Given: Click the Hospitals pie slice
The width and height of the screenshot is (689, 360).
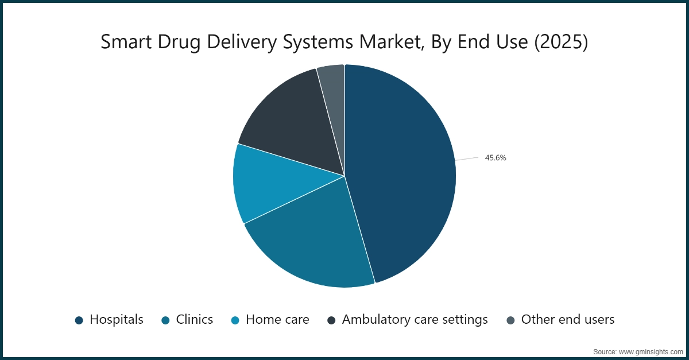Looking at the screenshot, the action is (x=402, y=172).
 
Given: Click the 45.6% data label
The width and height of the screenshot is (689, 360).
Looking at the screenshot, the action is (x=496, y=158).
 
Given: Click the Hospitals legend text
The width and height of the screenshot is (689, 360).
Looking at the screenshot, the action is (x=117, y=320).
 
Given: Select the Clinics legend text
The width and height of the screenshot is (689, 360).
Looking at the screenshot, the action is (x=195, y=320).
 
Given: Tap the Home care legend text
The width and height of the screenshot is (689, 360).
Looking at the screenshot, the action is (x=277, y=320).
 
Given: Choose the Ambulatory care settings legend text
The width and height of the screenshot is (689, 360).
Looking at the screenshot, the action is (x=415, y=320).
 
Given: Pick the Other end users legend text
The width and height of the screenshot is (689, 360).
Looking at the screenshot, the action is (x=568, y=320).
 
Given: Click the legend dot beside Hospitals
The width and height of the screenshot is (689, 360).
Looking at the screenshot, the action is (x=79, y=320).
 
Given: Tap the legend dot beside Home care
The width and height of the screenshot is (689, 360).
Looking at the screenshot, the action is (x=235, y=320).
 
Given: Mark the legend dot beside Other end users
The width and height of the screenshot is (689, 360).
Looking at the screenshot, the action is (x=511, y=320).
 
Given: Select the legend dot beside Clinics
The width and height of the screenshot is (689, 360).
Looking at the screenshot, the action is (x=166, y=320).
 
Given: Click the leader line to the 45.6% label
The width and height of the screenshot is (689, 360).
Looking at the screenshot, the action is (x=467, y=158).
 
